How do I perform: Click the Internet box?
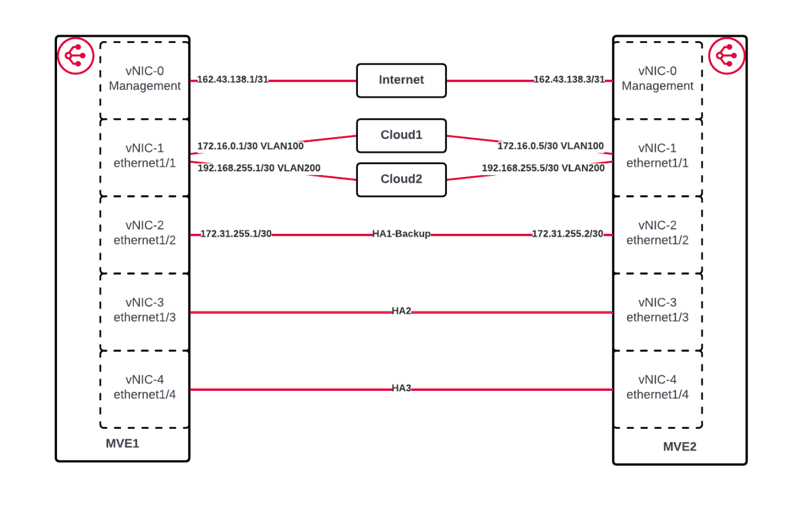(x=401, y=80)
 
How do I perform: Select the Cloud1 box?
(x=401, y=135)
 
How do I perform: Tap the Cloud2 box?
(x=401, y=179)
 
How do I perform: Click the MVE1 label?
(x=122, y=443)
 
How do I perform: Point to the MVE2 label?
(x=679, y=446)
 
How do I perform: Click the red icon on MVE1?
(x=76, y=56)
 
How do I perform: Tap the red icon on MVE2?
(x=726, y=56)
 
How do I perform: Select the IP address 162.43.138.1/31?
(x=233, y=79)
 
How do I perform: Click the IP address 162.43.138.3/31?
(x=569, y=79)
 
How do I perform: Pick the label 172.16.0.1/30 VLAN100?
(x=250, y=146)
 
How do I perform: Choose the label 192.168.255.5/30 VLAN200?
(x=543, y=168)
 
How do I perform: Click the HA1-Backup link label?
(x=401, y=234)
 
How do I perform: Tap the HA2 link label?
(x=401, y=311)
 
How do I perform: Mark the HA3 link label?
(x=401, y=388)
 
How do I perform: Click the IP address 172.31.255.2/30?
(x=567, y=234)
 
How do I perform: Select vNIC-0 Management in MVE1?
(x=144, y=79)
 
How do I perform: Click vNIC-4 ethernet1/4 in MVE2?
(x=657, y=387)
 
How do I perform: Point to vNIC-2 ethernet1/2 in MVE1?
(x=144, y=233)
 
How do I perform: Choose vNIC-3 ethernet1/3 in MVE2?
(x=657, y=310)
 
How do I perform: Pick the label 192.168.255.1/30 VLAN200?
(x=259, y=168)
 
